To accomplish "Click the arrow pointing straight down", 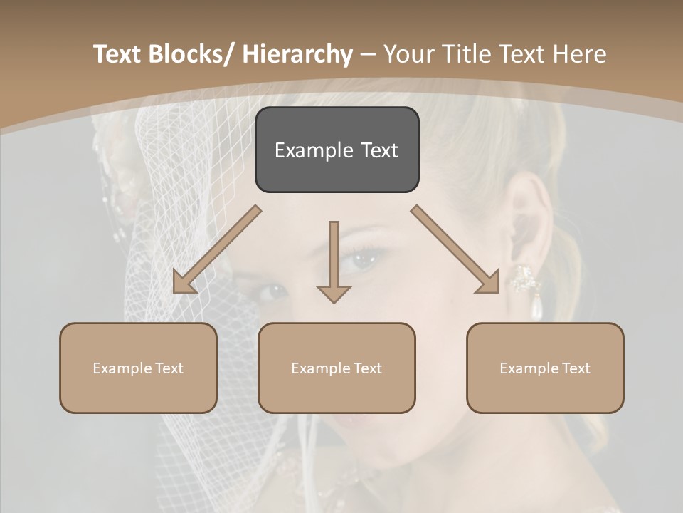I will (334, 264).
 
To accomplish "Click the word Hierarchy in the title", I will (297, 54).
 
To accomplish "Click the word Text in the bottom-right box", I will (576, 368).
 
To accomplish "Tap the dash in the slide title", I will (368, 55).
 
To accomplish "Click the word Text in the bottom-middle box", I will (367, 368).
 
